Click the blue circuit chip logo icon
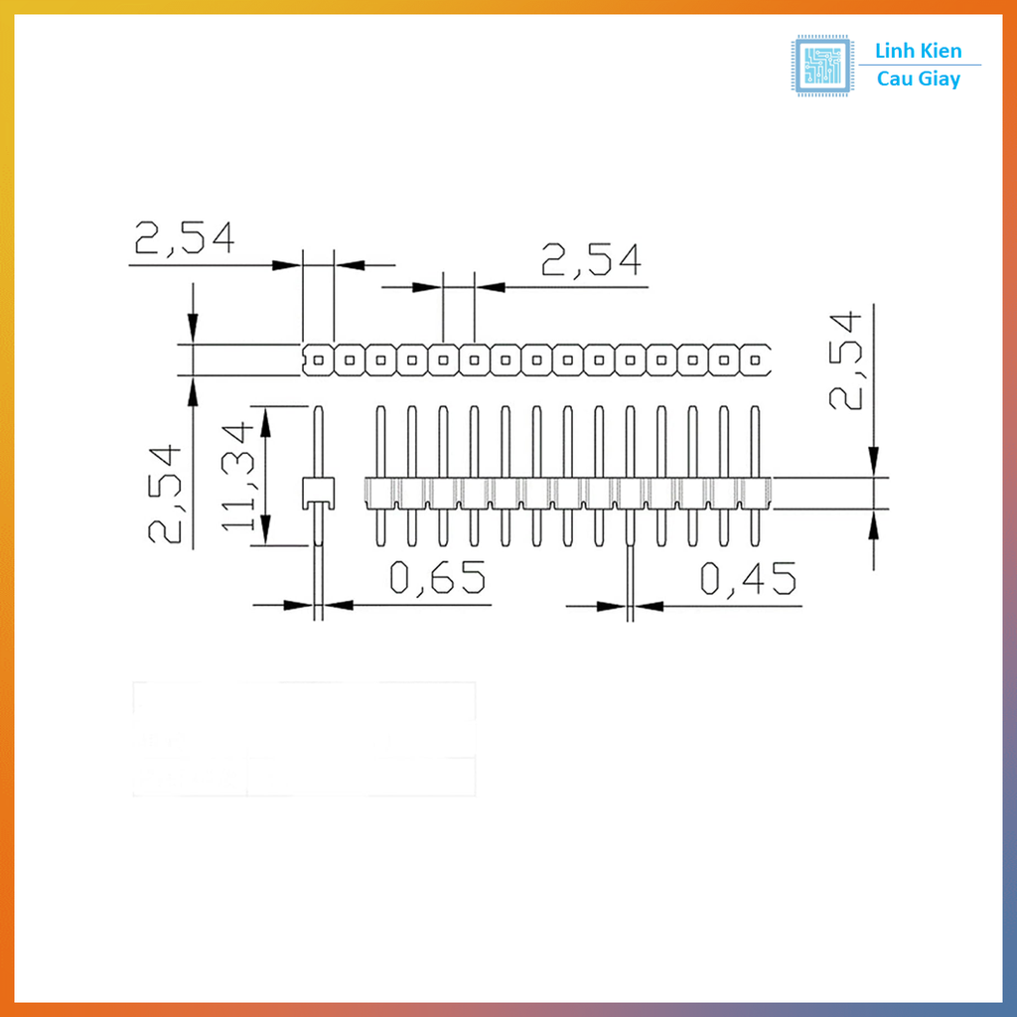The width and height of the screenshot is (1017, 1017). tap(821, 65)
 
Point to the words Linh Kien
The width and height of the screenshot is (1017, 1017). tap(918, 51)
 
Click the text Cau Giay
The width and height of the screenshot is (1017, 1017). tap(919, 79)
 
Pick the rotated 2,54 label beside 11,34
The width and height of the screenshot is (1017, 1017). tap(166, 494)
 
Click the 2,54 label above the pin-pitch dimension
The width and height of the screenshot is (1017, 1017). tap(591, 260)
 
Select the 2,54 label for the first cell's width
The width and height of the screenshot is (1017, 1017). tap(185, 238)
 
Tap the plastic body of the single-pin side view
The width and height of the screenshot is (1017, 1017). tap(318, 491)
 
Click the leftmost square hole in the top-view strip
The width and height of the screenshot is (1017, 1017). tap(318, 360)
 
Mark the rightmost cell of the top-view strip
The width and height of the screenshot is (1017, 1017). tap(757, 360)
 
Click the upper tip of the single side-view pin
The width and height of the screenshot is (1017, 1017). tap(318, 408)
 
